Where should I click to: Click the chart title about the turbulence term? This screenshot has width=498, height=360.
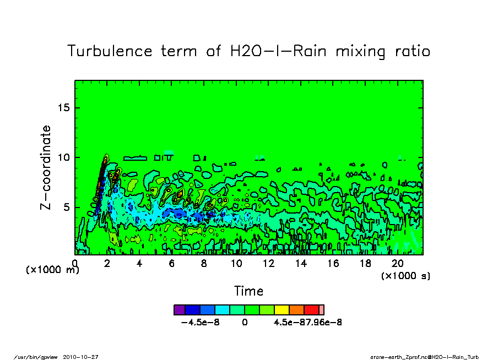point(248,51)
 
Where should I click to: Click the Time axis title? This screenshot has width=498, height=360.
point(248,291)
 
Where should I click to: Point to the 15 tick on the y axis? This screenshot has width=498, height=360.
point(64,107)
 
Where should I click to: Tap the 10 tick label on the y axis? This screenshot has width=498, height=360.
point(64,157)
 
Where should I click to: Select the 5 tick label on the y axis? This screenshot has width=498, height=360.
point(67,208)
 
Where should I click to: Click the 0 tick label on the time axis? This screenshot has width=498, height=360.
point(75,264)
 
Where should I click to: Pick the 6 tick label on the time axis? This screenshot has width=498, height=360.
point(172,264)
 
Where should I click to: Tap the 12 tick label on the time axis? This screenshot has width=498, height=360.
point(269,264)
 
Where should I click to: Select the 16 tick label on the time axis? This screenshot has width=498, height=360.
point(333,264)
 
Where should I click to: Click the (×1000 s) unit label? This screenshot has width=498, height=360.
point(405,275)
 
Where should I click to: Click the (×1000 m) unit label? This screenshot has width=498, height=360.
point(53,270)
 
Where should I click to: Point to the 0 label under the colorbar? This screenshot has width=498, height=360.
point(245,323)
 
